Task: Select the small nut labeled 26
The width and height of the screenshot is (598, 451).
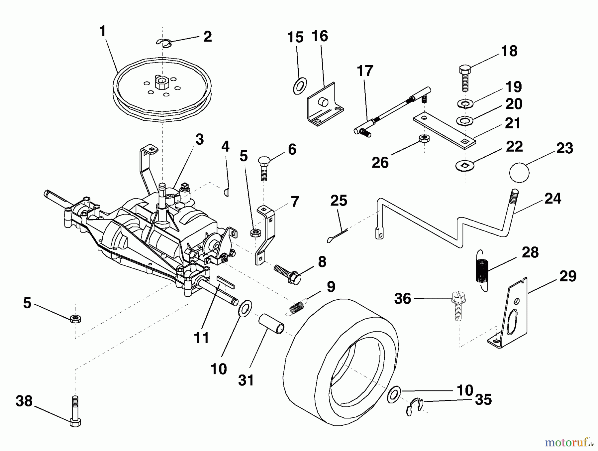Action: coord(424,138)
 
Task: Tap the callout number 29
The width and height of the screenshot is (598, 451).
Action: coord(567,276)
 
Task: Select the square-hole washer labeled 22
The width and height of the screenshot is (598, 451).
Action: coord(465,164)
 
